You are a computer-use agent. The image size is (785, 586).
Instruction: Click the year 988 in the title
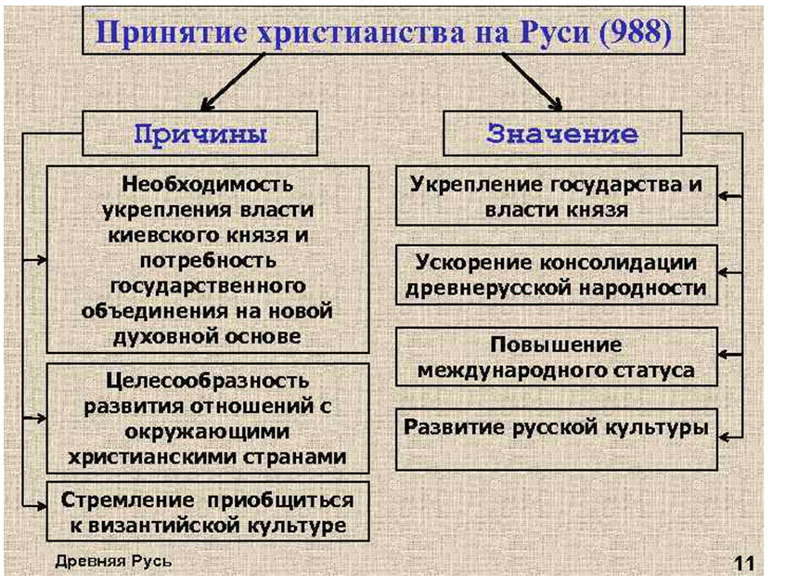coord(634,32)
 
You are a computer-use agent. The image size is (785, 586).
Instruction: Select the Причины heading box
coord(199,133)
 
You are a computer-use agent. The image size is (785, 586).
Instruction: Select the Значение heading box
coord(562,133)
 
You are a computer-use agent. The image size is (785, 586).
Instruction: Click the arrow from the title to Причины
coord(233,82)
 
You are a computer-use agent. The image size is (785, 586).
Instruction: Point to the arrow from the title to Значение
coord(533,82)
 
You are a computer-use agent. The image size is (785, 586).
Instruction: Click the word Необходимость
coord(207,184)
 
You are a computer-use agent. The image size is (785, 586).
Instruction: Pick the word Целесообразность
coord(207,381)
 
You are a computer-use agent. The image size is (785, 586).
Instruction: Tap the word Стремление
coord(128,500)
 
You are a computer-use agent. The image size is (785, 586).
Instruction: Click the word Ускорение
coord(474,263)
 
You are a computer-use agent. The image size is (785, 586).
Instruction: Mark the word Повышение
coord(556,345)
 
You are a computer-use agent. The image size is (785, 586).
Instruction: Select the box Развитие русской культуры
coord(556,439)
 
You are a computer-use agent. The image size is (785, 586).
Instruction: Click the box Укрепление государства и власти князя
coord(556,196)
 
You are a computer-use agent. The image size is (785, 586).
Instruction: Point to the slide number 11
coord(744,564)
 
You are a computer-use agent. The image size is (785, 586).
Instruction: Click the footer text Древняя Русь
coord(113,562)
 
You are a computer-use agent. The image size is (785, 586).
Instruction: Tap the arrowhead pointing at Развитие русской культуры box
coord(724,437)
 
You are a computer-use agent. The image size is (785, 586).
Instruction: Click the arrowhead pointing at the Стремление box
coord(41,505)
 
